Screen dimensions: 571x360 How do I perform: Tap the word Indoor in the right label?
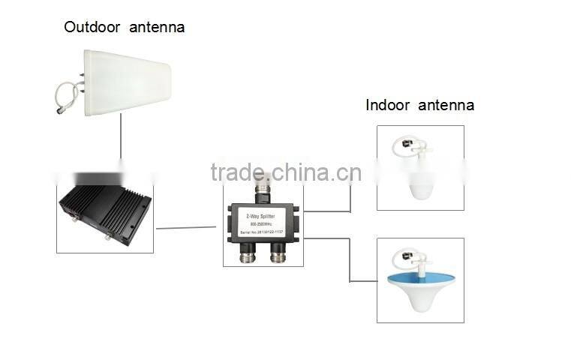tap(386, 105)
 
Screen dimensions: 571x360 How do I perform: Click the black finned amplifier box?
tap(105, 214)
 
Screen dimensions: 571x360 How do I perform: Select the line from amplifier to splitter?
tap(188, 226)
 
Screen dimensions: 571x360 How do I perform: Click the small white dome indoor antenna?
tap(420, 184)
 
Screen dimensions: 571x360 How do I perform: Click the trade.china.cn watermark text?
tap(285, 172)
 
